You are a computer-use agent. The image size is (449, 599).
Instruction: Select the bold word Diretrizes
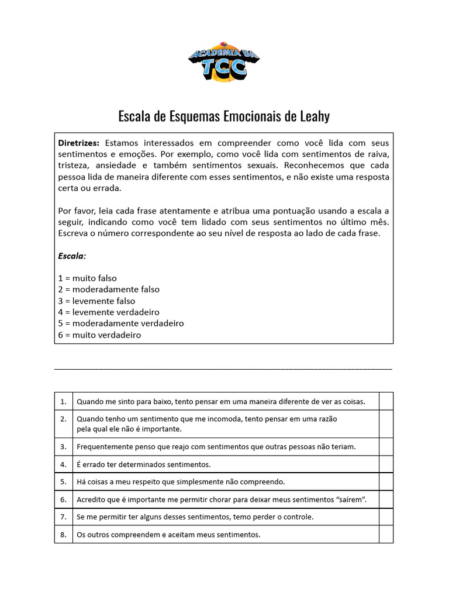click(79, 143)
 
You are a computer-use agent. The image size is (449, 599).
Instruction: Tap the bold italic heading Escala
click(72, 256)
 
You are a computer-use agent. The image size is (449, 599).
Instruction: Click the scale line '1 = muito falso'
click(91, 278)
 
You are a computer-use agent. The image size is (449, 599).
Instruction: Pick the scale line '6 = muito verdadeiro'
click(99, 335)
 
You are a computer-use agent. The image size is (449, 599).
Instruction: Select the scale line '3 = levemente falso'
click(96, 301)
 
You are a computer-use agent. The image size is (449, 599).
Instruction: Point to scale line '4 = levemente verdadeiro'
click(109, 312)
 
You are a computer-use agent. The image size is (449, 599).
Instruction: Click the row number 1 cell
click(63, 402)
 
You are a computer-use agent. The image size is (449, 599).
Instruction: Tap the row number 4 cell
click(63, 464)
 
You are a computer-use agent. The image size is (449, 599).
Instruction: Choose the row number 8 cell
click(63, 535)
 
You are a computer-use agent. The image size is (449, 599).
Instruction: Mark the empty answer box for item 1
click(386, 402)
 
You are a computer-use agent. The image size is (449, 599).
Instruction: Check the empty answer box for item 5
click(386, 482)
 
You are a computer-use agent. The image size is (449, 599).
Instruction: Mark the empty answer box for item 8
click(386, 535)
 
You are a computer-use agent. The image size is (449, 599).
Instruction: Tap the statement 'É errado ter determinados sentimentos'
click(143, 464)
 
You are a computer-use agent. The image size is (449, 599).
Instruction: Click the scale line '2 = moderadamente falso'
click(109, 290)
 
